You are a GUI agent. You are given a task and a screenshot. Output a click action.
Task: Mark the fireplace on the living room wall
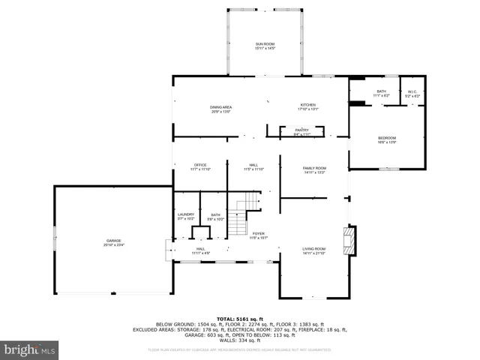click(349, 240)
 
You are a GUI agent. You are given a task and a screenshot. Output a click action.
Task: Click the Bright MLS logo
click(30, 349)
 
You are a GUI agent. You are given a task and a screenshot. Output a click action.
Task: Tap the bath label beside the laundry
click(215, 216)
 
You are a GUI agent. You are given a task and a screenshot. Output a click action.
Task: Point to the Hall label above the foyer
click(254, 166)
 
